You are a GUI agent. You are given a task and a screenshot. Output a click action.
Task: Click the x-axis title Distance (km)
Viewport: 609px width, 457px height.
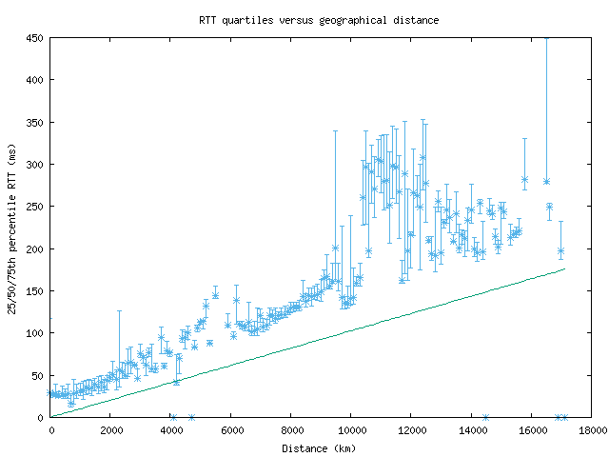(x=319, y=447)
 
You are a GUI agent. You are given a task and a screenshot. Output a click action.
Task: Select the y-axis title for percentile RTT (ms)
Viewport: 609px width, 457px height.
(x=12, y=228)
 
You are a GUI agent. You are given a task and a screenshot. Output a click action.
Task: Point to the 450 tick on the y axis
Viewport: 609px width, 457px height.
(x=34, y=38)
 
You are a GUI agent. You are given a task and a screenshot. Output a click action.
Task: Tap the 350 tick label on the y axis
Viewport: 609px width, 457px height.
(x=34, y=123)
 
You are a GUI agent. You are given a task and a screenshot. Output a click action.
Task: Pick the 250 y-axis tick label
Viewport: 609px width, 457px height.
(x=34, y=207)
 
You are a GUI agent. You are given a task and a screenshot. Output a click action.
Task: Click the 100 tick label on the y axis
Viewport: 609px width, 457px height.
(x=34, y=333)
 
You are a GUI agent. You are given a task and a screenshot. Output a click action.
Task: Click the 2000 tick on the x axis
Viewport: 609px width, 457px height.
(x=109, y=429)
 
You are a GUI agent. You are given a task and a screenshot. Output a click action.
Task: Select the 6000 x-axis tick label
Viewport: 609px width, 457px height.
(x=230, y=429)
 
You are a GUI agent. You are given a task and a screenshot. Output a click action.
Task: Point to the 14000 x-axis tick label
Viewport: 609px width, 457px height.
(x=471, y=429)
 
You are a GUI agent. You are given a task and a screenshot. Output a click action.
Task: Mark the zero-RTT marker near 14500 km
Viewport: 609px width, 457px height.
(x=485, y=417)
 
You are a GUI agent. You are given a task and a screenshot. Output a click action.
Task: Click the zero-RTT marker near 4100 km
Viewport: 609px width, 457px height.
(x=173, y=417)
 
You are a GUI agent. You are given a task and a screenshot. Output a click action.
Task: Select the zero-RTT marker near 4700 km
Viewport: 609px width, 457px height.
(x=191, y=417)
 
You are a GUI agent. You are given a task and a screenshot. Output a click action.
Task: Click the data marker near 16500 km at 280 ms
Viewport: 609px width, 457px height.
(x=546, y=181)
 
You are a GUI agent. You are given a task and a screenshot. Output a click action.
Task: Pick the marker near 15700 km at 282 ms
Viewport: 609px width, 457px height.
(x=524, y=179)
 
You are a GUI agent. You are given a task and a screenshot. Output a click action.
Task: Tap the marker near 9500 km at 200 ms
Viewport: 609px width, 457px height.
(x=335, y=248)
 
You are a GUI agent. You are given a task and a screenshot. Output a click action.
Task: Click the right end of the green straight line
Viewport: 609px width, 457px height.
(x=564, y=268)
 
